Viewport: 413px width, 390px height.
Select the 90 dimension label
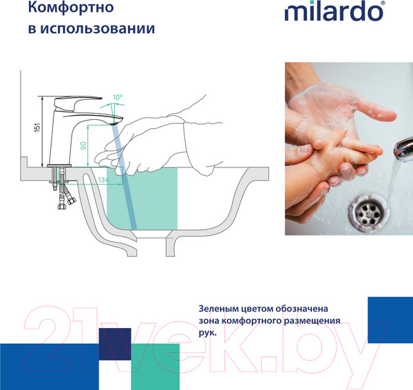tap(84, 145)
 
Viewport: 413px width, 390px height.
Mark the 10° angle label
tap(118, 98)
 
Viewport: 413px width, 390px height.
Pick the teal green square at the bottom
tap(155, 366)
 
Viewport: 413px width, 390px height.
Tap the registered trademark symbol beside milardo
tap(403, 5)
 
